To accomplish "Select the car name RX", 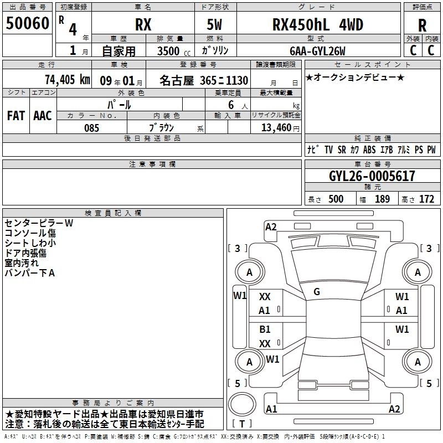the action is click(143, 25).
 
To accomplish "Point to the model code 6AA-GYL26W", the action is click(317, 51).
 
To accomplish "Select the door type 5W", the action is click(214, 25).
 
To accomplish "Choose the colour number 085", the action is click(92, 128).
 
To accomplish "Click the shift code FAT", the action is click(16, 116).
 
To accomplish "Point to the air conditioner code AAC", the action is click(43, 116).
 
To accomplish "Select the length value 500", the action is click(336, 199).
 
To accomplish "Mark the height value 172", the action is click(426, 199).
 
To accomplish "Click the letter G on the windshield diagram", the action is click(317, 292).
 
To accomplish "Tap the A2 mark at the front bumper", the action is click(271, 226).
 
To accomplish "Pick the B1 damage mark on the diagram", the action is click(265, 329).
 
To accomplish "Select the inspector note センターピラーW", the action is click(39, 223).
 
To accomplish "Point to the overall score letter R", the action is click(422, 25).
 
